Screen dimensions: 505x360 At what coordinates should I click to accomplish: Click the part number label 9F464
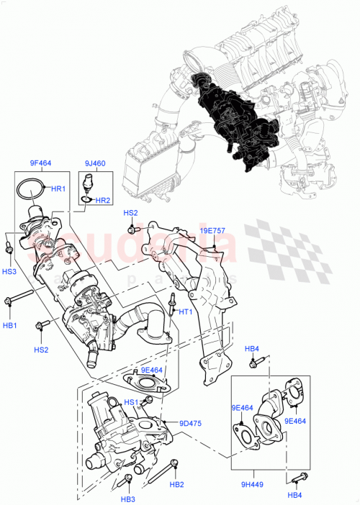(x=40, y=163)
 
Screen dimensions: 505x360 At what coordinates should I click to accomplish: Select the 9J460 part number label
(x=94, y=163)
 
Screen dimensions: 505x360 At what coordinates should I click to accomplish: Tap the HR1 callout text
(x=58, y=188)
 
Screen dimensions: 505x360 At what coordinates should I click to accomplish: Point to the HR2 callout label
(x=103, y=200)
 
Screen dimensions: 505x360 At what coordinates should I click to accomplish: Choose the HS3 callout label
(x=9, y=271)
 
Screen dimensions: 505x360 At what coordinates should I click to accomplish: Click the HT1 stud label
(x=185, y=312)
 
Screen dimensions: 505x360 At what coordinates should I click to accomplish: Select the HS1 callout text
(x=131, y=402)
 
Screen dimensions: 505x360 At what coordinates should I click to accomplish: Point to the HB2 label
(x=176, y=484)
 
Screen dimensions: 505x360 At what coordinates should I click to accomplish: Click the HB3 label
(x=128, y=499)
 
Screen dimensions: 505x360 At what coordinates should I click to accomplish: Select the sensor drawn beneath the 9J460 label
(x=88, y=181)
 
